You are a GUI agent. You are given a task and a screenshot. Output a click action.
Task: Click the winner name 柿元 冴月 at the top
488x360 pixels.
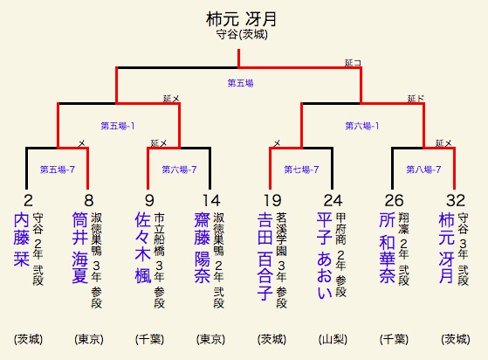point(241,19)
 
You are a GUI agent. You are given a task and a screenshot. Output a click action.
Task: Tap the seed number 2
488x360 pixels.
point(28,200)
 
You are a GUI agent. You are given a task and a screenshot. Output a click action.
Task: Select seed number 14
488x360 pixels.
point(211,200)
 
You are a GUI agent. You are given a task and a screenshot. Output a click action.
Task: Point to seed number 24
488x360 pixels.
point(333,200)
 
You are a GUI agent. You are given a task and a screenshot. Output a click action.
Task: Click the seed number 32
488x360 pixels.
point(456,200)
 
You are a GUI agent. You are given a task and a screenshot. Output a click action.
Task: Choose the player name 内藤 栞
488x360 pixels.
point(21,239)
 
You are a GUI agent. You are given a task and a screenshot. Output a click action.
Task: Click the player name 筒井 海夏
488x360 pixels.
point(80,248)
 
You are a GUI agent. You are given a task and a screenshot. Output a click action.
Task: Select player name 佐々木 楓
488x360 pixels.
point(143,248)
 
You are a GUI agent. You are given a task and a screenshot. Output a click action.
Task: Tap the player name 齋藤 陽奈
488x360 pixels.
point(203,248)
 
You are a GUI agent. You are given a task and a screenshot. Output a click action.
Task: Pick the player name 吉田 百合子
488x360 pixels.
point(265,256)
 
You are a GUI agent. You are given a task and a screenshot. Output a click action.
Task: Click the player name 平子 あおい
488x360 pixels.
point(324,256)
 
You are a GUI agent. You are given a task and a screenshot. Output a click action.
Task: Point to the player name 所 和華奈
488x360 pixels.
point(387,248)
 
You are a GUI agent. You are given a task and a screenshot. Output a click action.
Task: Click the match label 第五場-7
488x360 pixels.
point(58,170)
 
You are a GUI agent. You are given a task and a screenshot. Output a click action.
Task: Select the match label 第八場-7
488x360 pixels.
point(423,170)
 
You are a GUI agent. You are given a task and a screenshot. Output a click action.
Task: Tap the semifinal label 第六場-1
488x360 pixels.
point(362,126)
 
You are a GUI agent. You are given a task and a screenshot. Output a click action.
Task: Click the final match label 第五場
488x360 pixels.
point(240,83)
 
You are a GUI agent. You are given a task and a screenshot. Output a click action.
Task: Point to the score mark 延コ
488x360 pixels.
point(353,63)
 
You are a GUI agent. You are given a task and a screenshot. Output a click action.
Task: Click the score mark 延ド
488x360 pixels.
point(416,99)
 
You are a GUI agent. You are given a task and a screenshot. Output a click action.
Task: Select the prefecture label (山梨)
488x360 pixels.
point(333,339)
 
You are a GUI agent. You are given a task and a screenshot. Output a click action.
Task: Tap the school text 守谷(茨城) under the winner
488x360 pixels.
point(242,34)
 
